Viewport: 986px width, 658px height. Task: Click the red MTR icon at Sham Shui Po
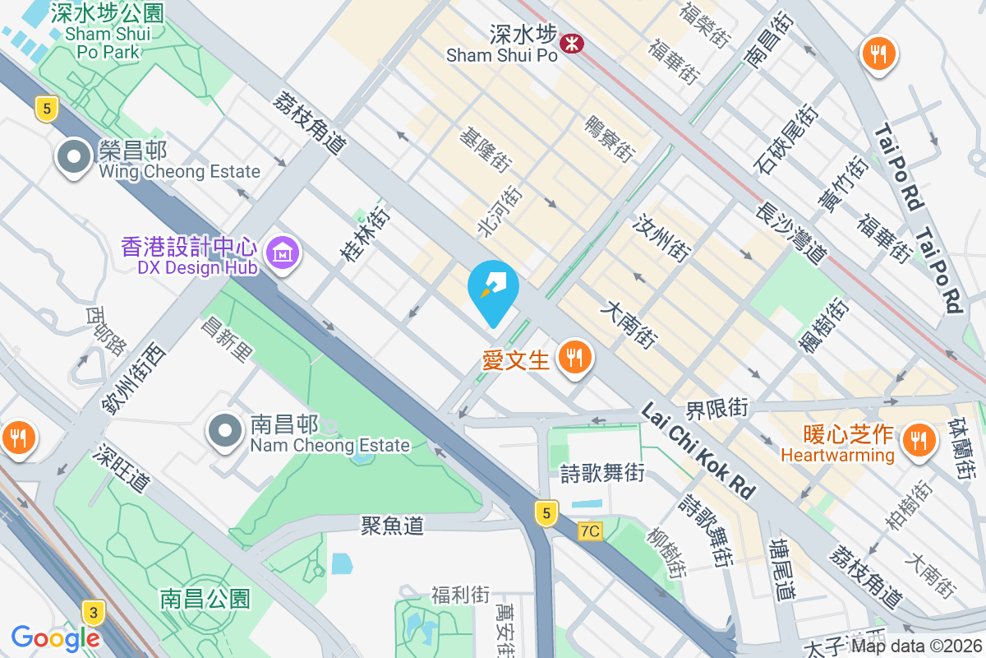(x=568, y=43)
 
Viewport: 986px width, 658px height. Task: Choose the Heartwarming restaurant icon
(x=915, y=440)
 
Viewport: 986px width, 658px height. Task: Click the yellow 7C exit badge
(x=589, y=531)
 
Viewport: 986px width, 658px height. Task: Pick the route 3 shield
(x=94, y=612)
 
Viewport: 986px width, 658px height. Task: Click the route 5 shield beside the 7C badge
(x=545, y=513)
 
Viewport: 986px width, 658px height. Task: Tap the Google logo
(x=56, y=637)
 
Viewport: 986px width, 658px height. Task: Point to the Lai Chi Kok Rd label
(x=698, y=451)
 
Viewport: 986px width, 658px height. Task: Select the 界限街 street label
(x=717, y=407)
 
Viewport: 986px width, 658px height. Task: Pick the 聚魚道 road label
(x=392, y=525)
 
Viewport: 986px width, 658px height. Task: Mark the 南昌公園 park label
(x=205, y=598)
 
